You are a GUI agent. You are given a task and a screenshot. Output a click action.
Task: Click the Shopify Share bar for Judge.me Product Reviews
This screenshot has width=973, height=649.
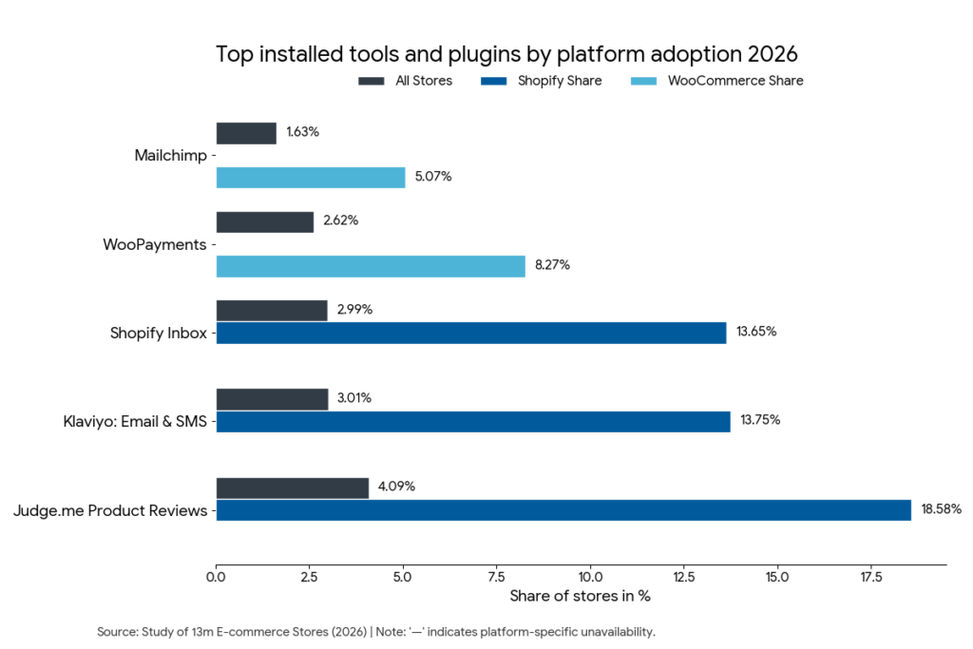click(563, 510)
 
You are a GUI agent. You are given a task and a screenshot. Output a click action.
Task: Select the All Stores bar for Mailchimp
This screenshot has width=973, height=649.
click(246, 133)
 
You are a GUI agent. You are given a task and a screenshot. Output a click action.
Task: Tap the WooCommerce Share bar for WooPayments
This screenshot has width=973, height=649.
click(371, 266)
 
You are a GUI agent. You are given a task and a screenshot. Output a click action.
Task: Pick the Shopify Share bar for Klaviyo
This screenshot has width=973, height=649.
click(473, 421)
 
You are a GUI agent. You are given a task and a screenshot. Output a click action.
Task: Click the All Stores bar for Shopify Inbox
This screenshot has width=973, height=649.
click(272, 311)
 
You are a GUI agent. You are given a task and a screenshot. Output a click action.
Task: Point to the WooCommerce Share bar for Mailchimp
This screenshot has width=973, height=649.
click(311, 178)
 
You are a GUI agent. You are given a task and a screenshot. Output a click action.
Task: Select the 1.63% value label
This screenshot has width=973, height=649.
click(302, 132)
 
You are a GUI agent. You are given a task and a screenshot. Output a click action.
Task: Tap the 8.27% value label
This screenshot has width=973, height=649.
click(552, 265)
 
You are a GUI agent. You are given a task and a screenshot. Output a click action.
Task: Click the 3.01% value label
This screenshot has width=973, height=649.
click(353, 398)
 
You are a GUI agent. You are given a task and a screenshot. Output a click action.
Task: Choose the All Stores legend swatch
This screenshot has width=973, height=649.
click(372, 82)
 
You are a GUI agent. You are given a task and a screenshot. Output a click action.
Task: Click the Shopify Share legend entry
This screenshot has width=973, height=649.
click(559, 82)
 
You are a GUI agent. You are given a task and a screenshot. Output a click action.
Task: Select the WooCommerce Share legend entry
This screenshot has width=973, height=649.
click(735, 82)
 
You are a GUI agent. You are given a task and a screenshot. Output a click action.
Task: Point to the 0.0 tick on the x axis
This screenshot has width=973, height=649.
click(217, 576)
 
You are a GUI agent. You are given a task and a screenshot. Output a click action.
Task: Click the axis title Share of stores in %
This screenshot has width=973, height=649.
click(580, 597)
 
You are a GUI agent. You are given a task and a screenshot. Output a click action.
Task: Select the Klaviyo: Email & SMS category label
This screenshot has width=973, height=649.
click(130, 422)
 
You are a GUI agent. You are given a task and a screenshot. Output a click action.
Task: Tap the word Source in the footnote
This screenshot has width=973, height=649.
click(116, 632)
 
